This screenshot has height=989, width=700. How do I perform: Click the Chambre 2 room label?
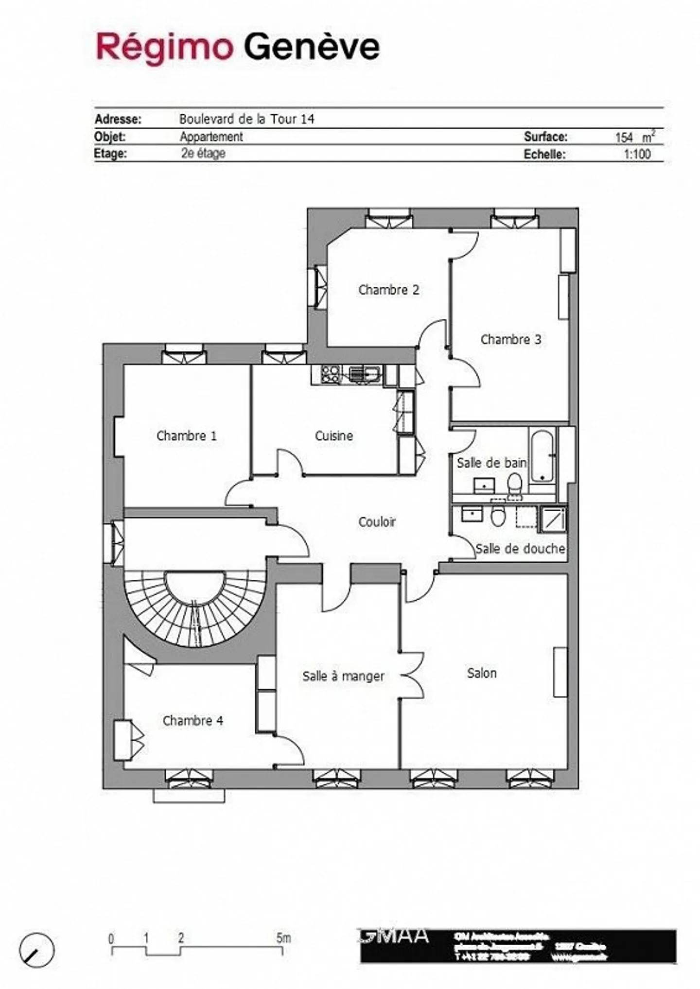tap(388, 290)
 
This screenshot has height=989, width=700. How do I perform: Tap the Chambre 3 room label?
tap(510, 339)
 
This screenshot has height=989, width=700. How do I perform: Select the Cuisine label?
tap(333, 435)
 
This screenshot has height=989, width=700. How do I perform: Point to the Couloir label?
tap(377, 521)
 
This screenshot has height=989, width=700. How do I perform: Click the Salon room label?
tap(481, 673)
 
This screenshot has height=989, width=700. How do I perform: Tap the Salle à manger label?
tap(343, 676)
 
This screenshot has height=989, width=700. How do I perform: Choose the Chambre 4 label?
tap(192, 720)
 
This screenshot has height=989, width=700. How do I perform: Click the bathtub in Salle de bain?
tap(542, 455)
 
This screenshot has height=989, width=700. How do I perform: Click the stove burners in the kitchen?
tap(330, 374)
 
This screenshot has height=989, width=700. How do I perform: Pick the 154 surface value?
tap(624, 138)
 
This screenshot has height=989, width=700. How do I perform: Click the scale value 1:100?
tap(637, 155)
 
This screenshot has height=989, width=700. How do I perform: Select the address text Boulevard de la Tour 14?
tap(246, 119)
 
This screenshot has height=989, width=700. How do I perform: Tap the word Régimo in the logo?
tap(164, 47)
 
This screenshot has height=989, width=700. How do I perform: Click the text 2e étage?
tap(203, 154)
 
